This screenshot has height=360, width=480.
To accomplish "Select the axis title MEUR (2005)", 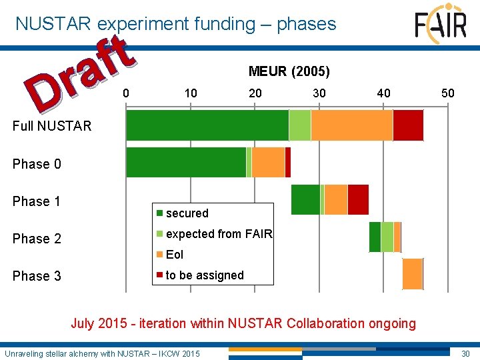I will tap(289, 71).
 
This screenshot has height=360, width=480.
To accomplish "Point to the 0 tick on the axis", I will tap(127, 93).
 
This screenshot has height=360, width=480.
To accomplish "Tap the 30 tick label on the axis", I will tap(319, 93).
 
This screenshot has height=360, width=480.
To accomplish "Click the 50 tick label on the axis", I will tap(448, 93).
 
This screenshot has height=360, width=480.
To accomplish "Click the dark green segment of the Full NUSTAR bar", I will tap(207, 125).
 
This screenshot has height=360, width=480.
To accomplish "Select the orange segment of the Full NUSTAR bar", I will tap(351, 125).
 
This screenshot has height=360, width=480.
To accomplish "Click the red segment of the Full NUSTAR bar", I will tap(408, 125).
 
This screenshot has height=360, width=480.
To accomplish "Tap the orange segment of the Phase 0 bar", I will tap(268, 163).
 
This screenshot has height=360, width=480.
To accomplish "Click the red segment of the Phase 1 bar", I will tap(358, 200).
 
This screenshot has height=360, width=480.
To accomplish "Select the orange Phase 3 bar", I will tap(413, 274).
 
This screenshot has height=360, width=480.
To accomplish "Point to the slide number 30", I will tap(465, 353).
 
